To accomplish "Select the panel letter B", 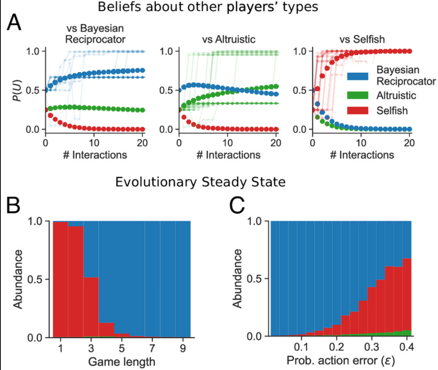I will (x=15, y=206).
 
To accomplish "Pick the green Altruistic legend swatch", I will (x=359, y=95).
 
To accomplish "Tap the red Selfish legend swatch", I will (x=359, y=110).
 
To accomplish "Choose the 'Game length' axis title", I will (x=122, y=362).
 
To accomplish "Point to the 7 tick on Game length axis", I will (x=152, y=348).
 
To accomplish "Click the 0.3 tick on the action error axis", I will (x=371, y=348).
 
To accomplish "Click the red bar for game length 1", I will (x=60, y=280).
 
